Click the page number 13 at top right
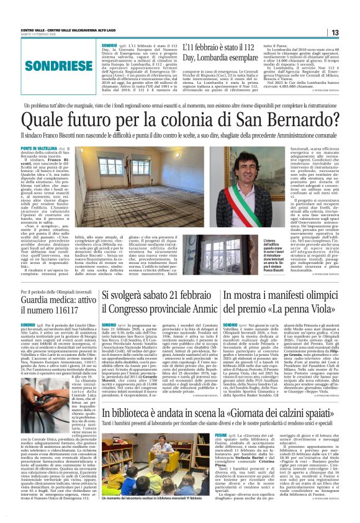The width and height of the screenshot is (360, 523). pyautogui.click(x=351, y=33)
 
